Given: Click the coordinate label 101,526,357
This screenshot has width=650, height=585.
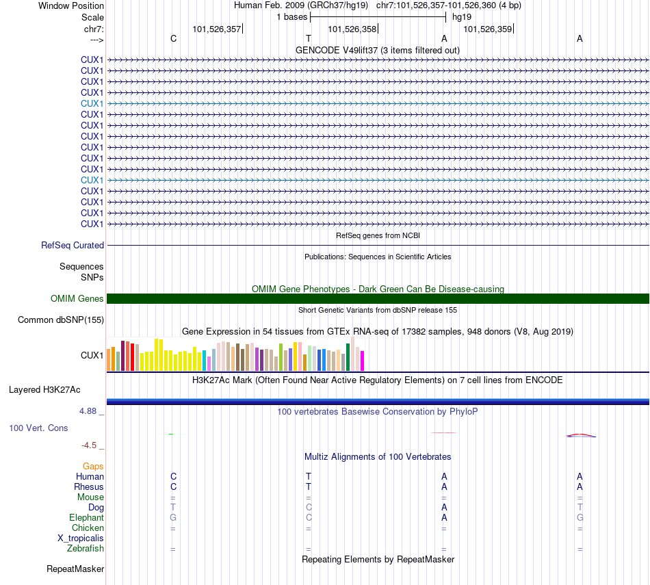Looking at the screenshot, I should tap(217, 29).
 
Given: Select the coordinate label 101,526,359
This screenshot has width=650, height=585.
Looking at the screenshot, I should tap(488, 29).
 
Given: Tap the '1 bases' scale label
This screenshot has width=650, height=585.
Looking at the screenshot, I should tap(292, 17).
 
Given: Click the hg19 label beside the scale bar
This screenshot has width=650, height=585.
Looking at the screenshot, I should tap(462, 17).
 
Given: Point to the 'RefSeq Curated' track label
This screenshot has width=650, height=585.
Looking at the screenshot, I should tap(73, 245).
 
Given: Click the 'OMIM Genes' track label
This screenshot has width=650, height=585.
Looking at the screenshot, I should tap(77, 298).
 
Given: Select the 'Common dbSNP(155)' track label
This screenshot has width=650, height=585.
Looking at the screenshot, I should tap(61, 320).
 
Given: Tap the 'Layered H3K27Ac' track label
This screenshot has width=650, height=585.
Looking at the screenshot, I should tap(44, 390).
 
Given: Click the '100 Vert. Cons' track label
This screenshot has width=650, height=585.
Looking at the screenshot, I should tap(38, 428).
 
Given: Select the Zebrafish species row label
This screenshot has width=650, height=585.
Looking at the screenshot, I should tap(86, 549).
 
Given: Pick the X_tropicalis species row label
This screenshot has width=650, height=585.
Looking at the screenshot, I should tap(81, 538).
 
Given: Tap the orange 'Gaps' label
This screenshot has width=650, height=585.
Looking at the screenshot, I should tap(93, 466).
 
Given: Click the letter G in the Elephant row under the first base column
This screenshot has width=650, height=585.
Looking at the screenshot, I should tap(173, 518).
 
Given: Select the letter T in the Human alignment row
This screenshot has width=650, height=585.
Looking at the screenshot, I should tap(309, 476).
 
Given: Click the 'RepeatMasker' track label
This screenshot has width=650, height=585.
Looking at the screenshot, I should tap(75, 569).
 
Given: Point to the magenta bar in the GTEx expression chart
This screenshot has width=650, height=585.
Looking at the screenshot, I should tap(363, 361).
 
